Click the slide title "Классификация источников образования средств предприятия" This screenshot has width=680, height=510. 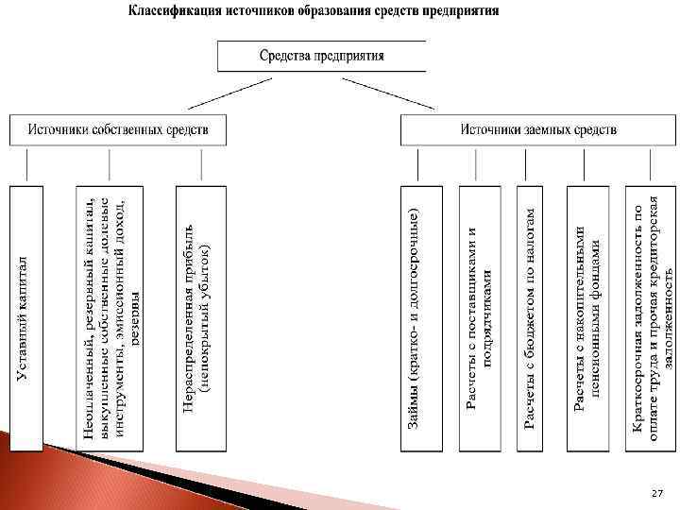click(314, 11)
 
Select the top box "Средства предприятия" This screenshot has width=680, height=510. click(321, 56)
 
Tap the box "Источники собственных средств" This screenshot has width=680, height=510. click(118, 129)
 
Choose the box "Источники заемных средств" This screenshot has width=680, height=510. click(538, 129)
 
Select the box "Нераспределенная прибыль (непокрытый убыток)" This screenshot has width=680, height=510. click(197, 316)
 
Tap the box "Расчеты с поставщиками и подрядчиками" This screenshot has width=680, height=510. click(479, 316)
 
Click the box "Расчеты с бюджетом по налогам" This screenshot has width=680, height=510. click(531, 316)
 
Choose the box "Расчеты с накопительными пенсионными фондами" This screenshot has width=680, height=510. click(587, 316)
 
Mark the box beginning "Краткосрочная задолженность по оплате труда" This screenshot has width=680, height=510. click(653, 316)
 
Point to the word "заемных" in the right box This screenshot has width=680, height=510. click(548, 129)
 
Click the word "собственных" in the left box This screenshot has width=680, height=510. click(130, 129)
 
